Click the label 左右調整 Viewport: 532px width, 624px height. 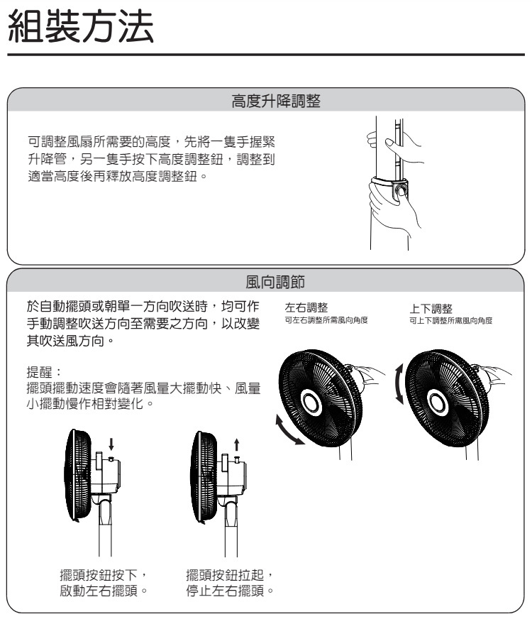306,308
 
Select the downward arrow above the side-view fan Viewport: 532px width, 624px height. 111,444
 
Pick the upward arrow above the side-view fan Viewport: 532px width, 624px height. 235,444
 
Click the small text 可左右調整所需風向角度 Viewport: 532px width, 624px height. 326,321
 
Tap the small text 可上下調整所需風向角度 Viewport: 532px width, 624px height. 450,321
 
